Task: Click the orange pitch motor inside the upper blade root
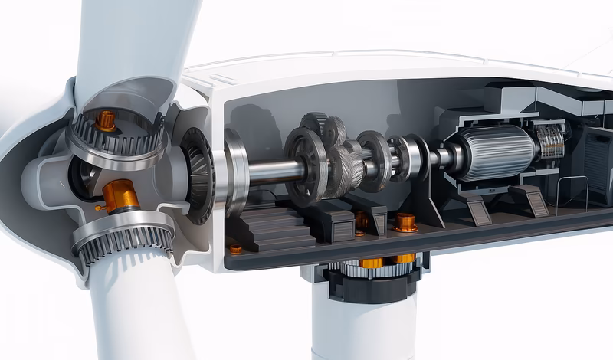pos(105,119)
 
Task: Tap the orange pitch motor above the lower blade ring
pos(120,195)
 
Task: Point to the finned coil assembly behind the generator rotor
pos(549,142)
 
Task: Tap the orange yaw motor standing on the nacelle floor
pos(405,222)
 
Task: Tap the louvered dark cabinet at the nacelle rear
pos(597,165)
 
